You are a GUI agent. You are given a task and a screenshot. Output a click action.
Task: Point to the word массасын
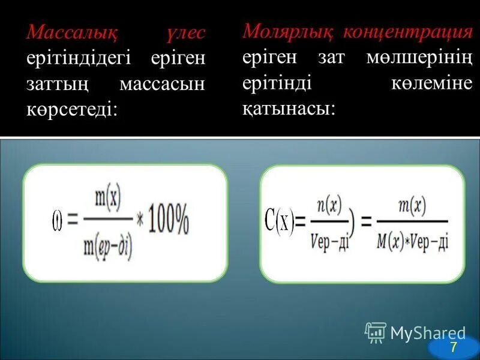click(x=162, y=84)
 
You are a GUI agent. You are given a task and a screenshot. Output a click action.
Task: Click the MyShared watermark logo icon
click(x=375, y=332)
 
